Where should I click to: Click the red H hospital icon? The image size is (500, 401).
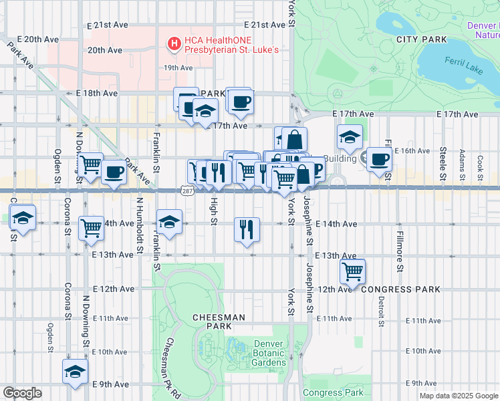[174, 44]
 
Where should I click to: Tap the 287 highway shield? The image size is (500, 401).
[186, 191]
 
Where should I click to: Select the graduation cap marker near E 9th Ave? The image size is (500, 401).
[76, 372]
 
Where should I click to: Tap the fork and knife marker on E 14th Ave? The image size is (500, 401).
[247, 229]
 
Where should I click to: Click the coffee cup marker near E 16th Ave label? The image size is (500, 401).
[380, 160]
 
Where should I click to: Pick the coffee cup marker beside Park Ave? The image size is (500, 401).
[114, 173]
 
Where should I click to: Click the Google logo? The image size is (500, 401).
[21, 393]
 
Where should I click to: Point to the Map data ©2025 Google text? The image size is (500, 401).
[458, 396]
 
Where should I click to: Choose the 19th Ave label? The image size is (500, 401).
[178, 68]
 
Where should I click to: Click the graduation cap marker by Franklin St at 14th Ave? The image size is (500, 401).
[170, 222]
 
